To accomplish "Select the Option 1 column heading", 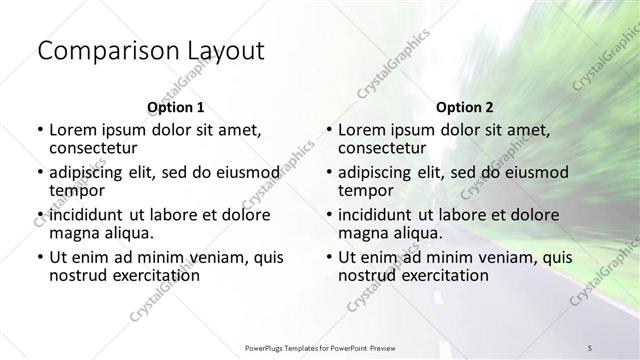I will [176, 106].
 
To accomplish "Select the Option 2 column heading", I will [465, 106].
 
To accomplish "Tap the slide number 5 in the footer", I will [591, 346].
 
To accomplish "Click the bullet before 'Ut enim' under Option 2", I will [329, 257].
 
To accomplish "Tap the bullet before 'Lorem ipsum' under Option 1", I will [40, 130].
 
